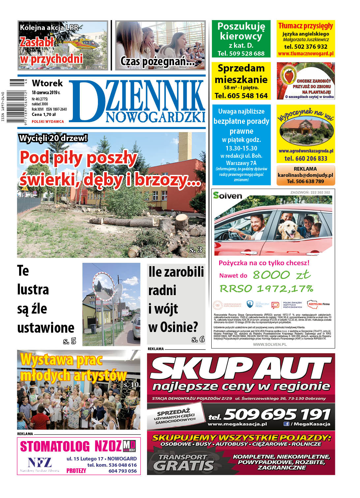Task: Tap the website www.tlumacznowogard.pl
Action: coord(306,53)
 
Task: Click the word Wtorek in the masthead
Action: coord(47,83)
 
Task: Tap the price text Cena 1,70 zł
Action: coord(44,115)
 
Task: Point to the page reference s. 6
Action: coord(198,339)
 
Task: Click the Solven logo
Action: coord(227,196)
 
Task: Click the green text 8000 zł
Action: coord(282,275)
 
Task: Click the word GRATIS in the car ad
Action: coord(183,465)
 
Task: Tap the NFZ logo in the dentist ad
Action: coord(39,462)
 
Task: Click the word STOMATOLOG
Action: coord(55,447)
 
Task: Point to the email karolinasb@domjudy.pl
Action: coord(305,175)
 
